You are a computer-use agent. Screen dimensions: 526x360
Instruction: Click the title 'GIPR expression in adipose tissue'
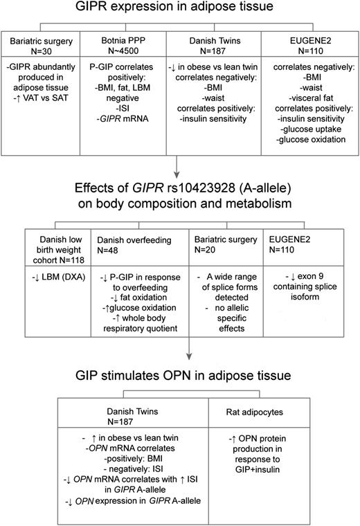(180, 9)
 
